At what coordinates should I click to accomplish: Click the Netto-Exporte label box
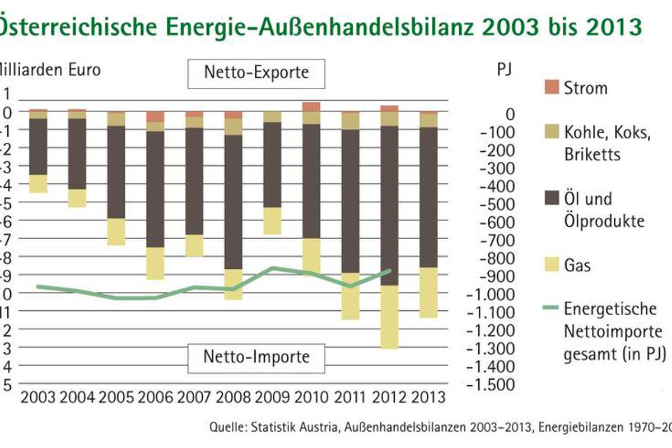click(x=256, y=73)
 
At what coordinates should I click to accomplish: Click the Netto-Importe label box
click(x=256, y=356)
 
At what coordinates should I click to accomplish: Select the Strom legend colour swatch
click(x=551, y=87)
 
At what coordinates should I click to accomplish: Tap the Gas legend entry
click(x=577, y=265)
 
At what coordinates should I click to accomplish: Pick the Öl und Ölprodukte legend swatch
click(x=551, y=198)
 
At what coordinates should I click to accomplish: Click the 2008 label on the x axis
click(x=233, y=397)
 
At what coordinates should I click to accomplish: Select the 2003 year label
click(x=38, y=397)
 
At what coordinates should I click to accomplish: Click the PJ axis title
click(x=504, y=72)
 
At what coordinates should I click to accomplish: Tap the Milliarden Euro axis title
click(x=50, y=71)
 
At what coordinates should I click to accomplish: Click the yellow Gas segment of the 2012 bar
click(x=389, y=316)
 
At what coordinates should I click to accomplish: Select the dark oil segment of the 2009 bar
click(x=273, y=165)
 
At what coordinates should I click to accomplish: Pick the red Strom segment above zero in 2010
click(x=312, y=106)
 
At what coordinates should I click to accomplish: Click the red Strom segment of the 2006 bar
click(x=156, y=116)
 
